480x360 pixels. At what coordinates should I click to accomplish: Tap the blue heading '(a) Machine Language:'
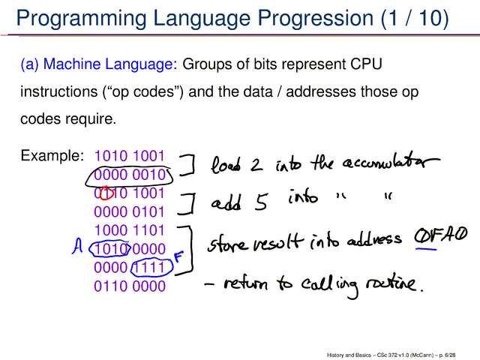(99, 64)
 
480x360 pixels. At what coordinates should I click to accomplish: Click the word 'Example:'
(52, 155)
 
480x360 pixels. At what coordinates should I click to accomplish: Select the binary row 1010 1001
(130, 156)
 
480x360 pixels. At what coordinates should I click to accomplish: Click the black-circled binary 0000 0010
(130, 175)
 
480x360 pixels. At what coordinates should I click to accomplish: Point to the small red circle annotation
(106, 193)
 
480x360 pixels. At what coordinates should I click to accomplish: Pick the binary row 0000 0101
(129, 211)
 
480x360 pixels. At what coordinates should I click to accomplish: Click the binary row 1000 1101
(130, 230)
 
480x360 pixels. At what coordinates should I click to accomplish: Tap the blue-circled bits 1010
(110, 249)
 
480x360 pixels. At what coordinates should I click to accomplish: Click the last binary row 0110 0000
(130, 286)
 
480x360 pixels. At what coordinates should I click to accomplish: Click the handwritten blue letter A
(77, 247)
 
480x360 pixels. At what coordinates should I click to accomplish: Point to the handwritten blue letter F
(178, 256)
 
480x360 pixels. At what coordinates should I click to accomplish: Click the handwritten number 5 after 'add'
(261, 202)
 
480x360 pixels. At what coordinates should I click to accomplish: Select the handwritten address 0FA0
(441, 236)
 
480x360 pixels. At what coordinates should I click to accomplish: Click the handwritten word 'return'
(246, 284)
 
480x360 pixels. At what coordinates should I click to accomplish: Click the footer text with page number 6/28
(391, 355)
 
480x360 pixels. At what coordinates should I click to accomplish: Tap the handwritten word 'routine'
(392, 284)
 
